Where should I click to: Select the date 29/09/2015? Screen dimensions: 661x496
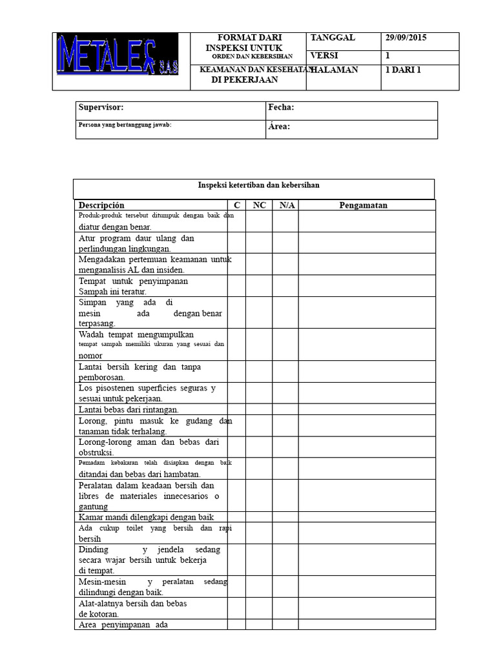(x=406, y=38)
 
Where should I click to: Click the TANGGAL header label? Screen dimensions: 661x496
(x=333, y=38)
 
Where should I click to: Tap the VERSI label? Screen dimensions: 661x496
(x=325, y=56)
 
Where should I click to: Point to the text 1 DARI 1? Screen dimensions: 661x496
(x=403, y=70)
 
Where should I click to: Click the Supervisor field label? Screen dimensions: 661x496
(x=100, y=107)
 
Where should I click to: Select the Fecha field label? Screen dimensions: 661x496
(x=281, y=107)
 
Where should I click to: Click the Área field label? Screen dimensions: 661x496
(x=279, y=127)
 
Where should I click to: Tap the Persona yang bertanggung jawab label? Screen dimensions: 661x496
(x=125, y=125)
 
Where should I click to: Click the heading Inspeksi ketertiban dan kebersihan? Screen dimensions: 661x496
(x=258, y=185)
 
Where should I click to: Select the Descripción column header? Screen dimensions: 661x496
(x=101, y=205)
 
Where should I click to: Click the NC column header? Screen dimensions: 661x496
(x=259, y=205)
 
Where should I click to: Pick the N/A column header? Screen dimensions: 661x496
(x=285, y=205)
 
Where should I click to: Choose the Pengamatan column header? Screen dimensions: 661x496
(x=364, y=205)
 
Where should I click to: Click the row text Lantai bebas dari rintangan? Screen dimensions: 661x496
(x=129, y=409)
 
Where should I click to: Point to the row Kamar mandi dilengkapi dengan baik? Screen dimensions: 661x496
(x=146, y=517)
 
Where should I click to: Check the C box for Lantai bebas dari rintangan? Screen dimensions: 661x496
(x=236, y=409)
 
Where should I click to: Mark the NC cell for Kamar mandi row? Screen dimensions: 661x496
(x=259, y=517)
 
